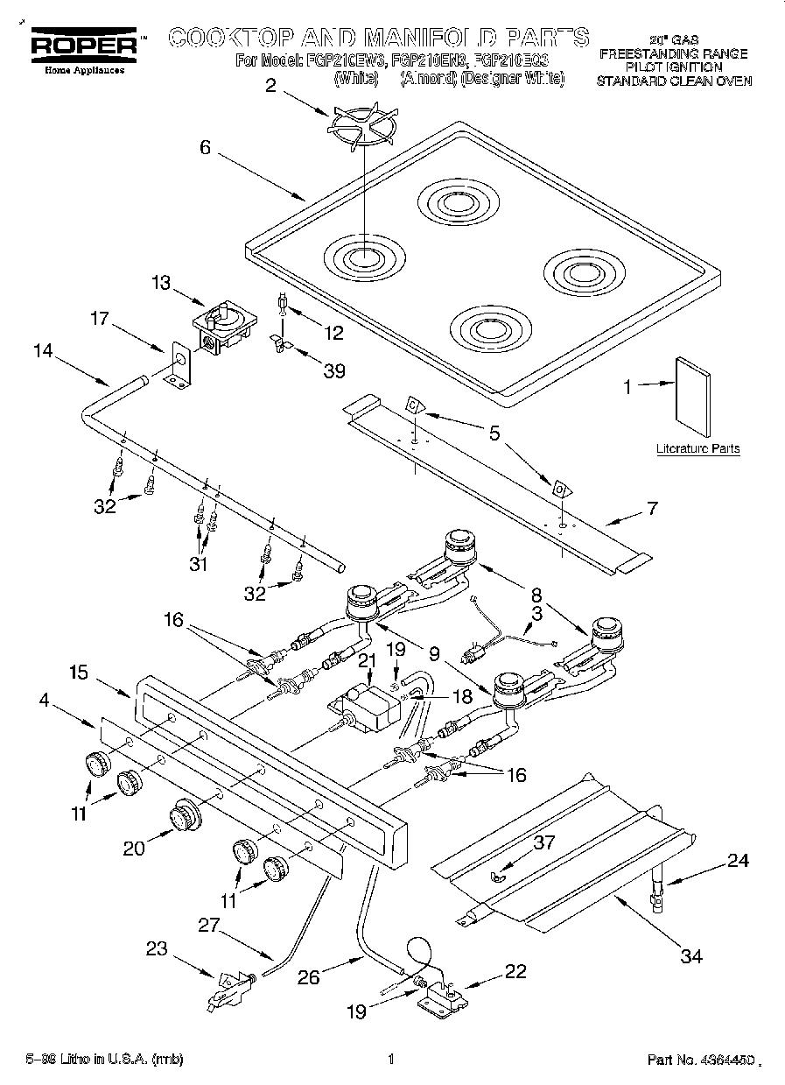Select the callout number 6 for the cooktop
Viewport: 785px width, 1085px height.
pyautogui.click(x=205, y=148)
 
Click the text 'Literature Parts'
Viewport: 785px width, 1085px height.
pyautogui.click(x=697, y=448)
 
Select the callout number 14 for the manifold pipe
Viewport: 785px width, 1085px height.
pyautogui.click(x=43, y=351)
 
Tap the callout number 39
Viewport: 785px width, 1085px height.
pyautogui.click(x=333, y=370)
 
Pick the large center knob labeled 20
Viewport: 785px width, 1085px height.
pyautogui.click(x=184, y=816)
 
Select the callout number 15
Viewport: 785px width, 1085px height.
pyautogui.click(x=78, y=672)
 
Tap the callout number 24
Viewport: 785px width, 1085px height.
pyautogui.click(x=739, y=860)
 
